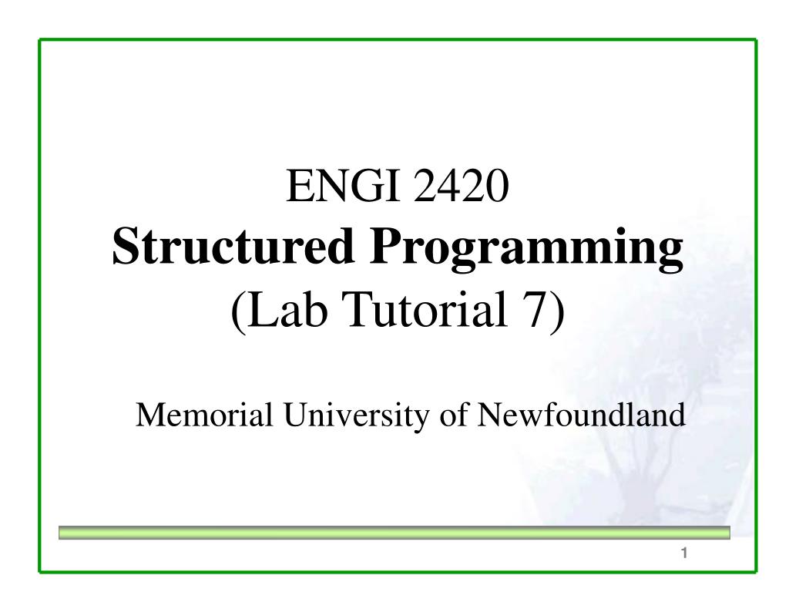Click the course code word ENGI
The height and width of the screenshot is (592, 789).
click(x=343, y=186)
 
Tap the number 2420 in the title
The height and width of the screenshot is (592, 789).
click(x=461, y=186)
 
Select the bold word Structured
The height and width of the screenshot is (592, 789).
click(x=233, y=246)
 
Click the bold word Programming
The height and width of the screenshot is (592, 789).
click(x=526, y=250)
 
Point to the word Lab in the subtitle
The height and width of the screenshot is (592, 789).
click(x=288, y=309)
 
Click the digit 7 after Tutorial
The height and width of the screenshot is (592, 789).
click(x=533, y=309)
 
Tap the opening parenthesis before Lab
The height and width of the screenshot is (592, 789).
click(x=239, y=312)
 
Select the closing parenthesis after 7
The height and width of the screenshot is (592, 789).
click(x=556, y=312)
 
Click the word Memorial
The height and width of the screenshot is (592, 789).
click(x=204, y=415)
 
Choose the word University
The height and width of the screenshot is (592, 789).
click(x=357, y=417)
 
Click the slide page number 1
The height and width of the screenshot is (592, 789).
click(x=684, y=553)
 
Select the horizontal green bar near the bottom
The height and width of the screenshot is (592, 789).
click(x=394, y=533)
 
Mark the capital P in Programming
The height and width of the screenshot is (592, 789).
click(x=387, y=246)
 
